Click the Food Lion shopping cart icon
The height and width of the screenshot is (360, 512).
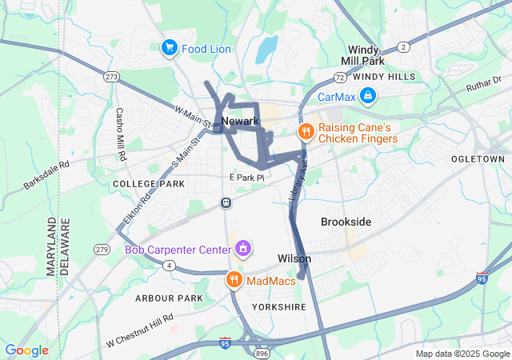click(169, 48)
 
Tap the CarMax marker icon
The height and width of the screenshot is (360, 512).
click(367, 97)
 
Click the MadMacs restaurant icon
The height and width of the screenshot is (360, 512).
click(234, 280)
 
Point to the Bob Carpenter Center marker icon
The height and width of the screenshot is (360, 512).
click(242, 250)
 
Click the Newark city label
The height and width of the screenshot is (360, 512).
click(240, 121)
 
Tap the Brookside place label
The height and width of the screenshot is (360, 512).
click(346, 221)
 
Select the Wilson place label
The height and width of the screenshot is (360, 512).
click(294, 258)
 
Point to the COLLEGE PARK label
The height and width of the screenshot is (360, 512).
click(149, 184)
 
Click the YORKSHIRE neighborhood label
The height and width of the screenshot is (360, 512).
click(278, 307)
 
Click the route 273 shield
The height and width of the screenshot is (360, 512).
click(111, 76)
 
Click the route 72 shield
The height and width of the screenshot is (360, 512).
click(340, 78)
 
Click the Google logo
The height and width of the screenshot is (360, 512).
click(26, 350)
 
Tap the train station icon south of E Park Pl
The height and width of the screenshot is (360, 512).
click(226, 202)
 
